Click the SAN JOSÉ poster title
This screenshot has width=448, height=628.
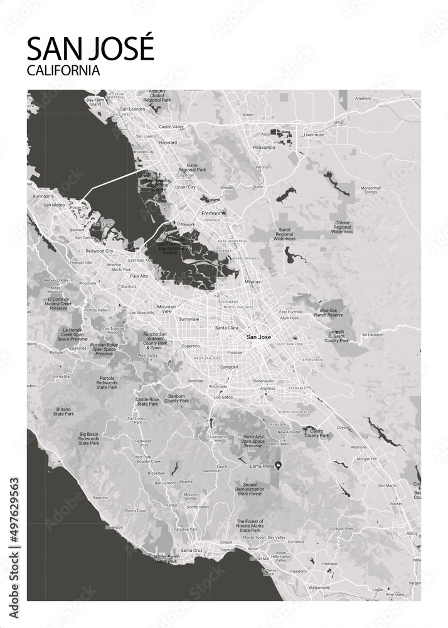(90, 48)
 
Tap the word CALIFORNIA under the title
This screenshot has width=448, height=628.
(63, 70)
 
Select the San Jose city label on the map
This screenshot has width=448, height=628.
(259, 337)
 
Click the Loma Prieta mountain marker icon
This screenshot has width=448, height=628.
(279, 465)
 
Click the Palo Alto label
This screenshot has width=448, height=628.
(139, 276)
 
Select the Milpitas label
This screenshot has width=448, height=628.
(252, 282)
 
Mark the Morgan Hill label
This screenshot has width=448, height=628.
(366, 459)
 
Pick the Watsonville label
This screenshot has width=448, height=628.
(319, 587)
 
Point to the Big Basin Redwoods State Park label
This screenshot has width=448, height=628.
(88, 438)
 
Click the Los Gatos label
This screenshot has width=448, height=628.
(223, 397)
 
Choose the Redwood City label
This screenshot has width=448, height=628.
(100, 251)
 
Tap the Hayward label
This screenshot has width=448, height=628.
(168, 143)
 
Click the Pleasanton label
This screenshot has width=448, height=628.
(264, 148)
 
